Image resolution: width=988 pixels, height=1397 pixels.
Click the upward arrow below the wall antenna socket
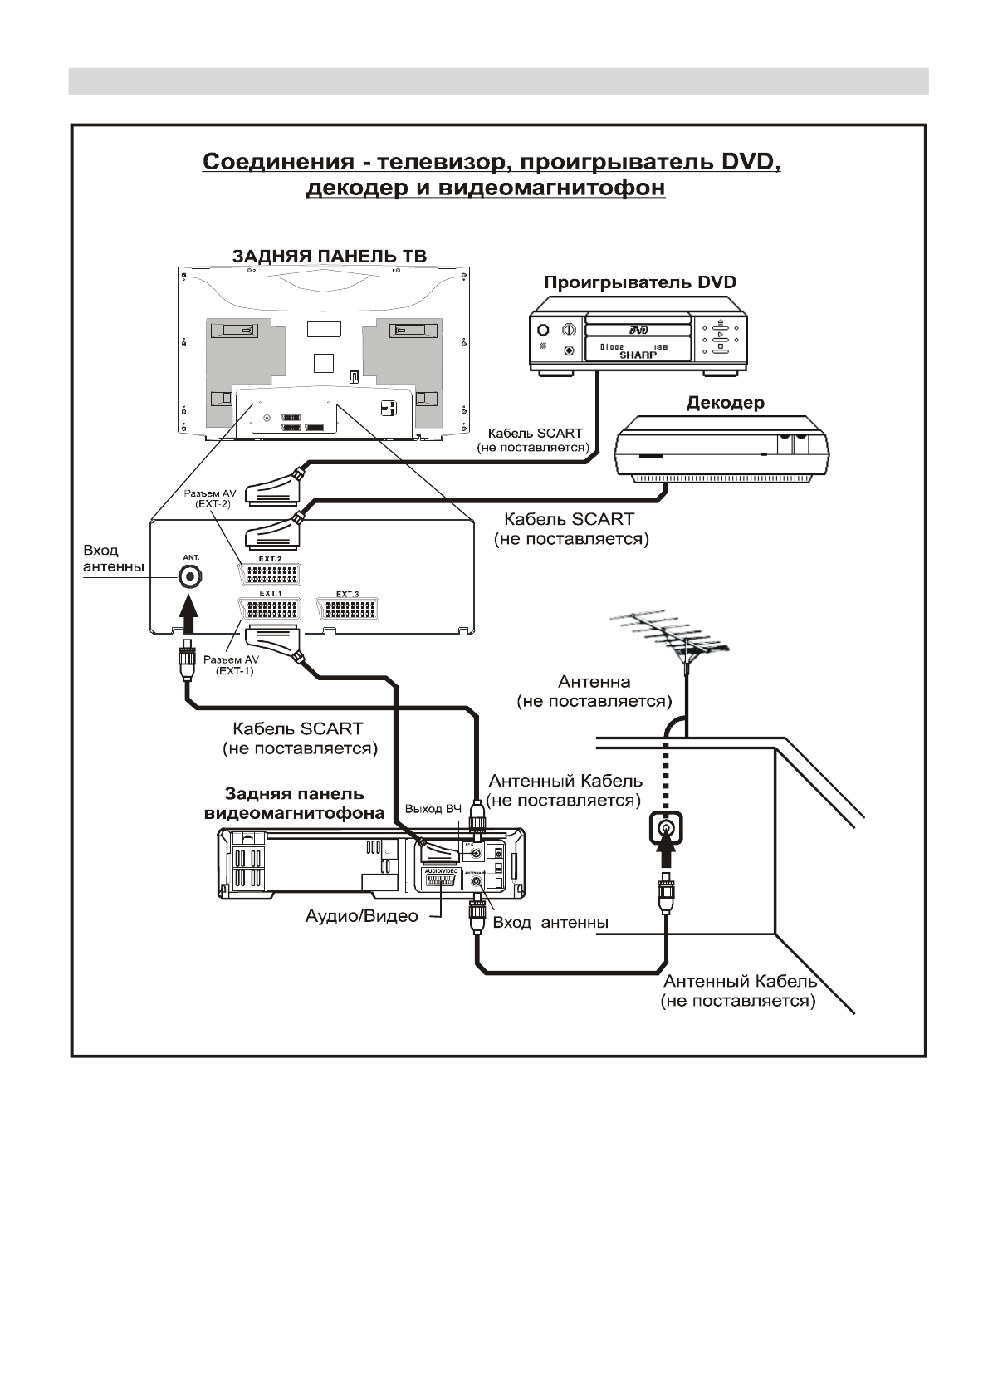(665, 860)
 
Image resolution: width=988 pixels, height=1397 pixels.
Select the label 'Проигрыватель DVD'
(639, 282)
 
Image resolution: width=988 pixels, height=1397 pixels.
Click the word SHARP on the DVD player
(638, 355)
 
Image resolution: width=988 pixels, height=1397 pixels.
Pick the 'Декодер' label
(725, 404)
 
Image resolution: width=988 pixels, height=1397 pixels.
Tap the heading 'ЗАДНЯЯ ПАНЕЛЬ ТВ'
(329, 256)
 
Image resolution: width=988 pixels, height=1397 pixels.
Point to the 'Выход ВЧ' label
(433, 809)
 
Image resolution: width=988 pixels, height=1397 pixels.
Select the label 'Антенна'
(594, 682)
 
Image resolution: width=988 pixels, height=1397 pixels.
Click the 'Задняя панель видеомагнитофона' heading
(294, 804)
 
